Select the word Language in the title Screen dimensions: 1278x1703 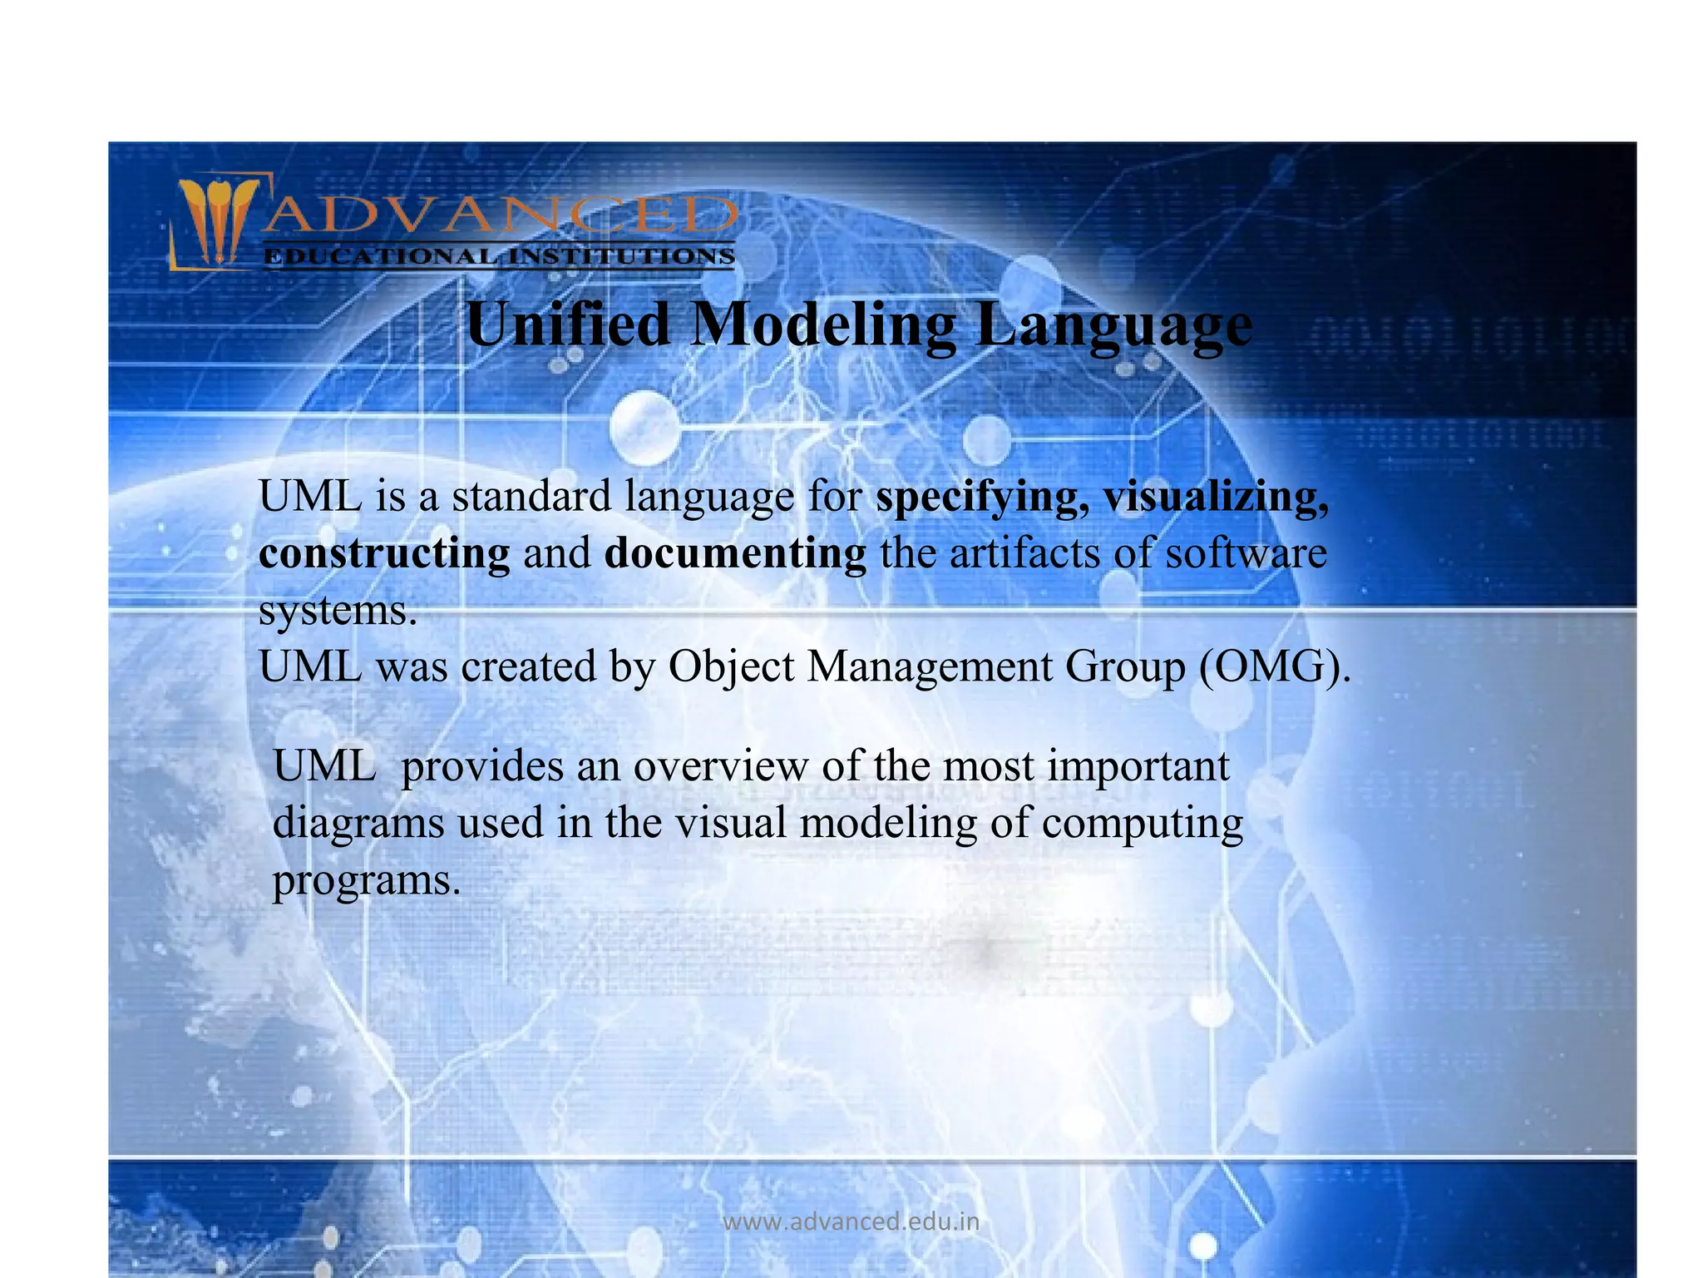[x=1114, y=325]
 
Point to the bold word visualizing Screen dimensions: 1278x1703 [x=1215, y=498]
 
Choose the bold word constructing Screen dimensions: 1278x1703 [x=384, y=554]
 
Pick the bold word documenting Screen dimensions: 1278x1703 [x=735, y=554]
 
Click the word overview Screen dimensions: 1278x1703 [x=720, y=766]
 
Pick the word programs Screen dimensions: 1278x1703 [x=366, y=881]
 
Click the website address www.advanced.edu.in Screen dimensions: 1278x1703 [x=851, y=1221]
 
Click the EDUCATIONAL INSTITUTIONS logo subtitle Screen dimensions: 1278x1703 [x=499, y=256]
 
